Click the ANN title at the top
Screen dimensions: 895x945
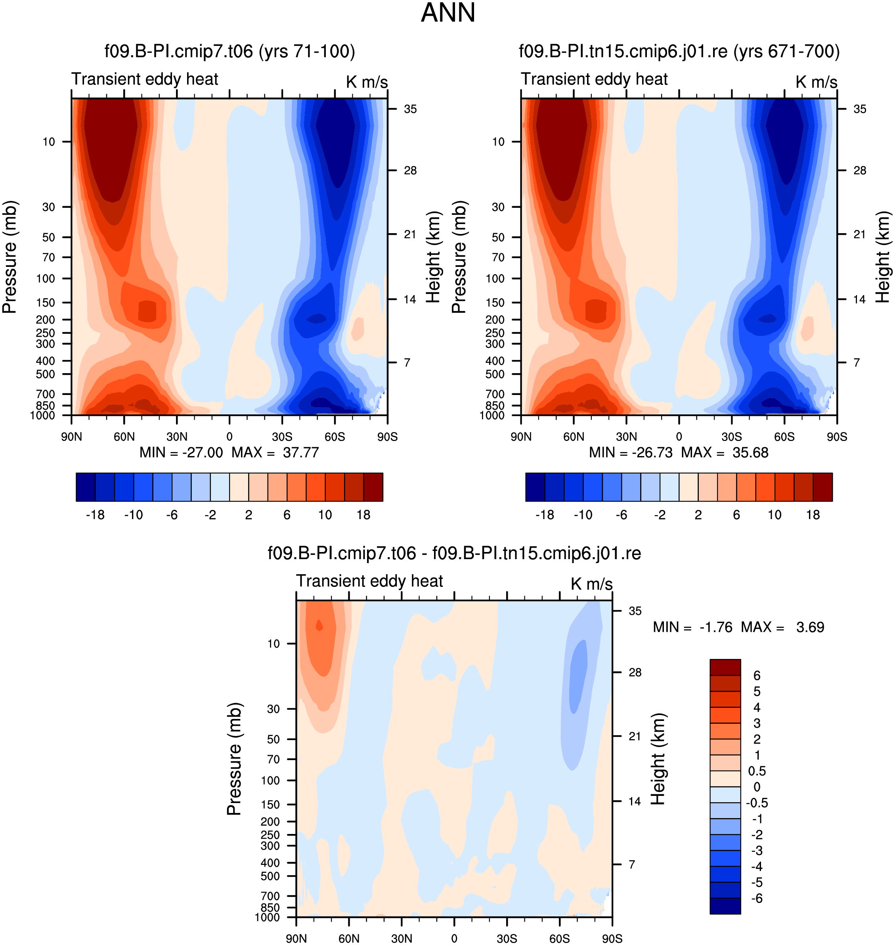448,13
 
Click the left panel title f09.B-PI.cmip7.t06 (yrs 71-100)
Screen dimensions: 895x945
230,51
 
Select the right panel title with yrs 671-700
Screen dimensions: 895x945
679,51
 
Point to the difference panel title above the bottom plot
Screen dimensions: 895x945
454,553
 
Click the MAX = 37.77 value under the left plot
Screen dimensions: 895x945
275,452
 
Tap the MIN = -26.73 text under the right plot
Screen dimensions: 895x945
631,452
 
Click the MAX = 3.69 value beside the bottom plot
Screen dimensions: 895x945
782,627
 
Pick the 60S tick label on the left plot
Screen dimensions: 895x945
335,437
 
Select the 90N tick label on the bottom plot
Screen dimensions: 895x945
296,939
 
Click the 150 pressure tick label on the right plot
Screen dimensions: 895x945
495,303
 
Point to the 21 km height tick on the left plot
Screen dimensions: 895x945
410,234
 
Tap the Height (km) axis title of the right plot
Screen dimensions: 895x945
883,257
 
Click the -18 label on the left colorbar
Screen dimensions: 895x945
95,515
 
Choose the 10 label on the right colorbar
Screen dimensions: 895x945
775,515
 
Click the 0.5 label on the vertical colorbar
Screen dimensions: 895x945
757,771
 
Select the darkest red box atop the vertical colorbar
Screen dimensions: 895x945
725,668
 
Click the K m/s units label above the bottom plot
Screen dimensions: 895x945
591,584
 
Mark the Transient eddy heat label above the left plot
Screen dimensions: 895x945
145,79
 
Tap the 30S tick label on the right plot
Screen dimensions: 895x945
731,437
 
